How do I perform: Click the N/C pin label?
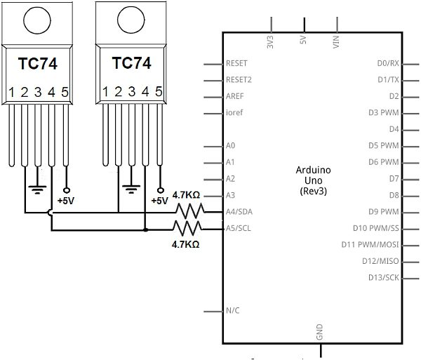[234, 311]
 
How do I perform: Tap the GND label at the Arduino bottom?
[319, 332]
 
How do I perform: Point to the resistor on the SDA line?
[189, 210]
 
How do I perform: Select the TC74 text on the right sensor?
[131, 62]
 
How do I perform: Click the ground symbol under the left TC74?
[38, 188]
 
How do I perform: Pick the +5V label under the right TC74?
[159, 201]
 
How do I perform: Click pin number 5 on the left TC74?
[65, 92]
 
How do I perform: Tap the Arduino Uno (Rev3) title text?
[313, 180]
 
